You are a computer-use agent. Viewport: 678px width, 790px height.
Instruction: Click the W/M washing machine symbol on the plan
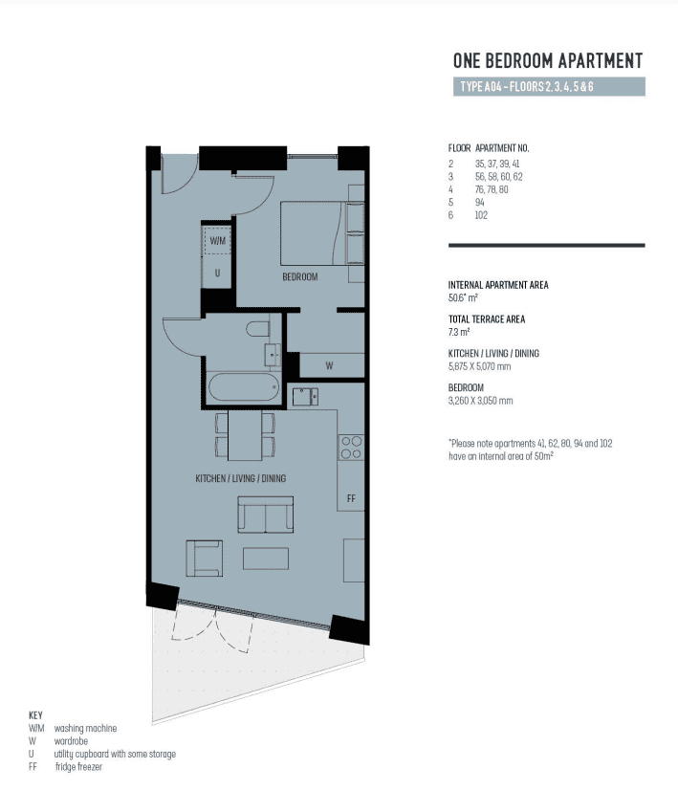point(218,240)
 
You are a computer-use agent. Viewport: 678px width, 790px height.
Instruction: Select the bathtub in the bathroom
point(243,387)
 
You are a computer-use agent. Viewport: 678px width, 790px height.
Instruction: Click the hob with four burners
point(351,448)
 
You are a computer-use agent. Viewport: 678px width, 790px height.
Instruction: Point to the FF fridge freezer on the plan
point(351,498)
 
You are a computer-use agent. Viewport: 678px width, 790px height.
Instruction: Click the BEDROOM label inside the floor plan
point(299,276)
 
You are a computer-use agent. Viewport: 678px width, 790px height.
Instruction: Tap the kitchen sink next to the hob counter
point(305,397)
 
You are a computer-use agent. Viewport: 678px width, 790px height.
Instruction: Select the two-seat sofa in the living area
point(266,515)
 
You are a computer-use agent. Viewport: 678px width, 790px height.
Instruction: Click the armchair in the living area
point(205,559)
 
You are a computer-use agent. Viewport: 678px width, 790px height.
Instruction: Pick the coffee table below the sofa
point(266,559)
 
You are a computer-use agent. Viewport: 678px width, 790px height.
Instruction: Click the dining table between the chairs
point(245,435)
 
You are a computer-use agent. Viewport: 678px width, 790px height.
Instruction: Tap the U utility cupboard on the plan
point(217,273)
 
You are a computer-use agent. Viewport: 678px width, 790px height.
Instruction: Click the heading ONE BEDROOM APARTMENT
point(548,61)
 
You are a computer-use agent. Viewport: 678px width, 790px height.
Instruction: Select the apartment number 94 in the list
point(479,202)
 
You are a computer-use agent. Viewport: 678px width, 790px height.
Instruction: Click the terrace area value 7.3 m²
point(459,332)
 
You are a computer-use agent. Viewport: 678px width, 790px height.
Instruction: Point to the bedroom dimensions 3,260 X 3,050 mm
point(481,401)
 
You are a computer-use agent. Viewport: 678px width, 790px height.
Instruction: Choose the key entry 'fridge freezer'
point(78,767)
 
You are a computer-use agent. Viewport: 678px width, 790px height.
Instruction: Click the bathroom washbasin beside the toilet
point(273,355)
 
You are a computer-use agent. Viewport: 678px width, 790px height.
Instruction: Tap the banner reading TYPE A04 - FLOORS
point(549,87)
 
